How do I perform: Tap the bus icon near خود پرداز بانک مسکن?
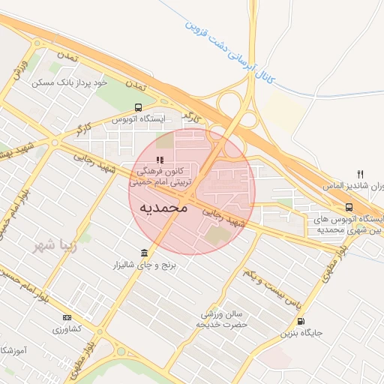click(x=137, y=107)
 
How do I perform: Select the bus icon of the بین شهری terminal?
click(x=349, y=207)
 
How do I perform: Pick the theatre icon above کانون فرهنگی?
click(x=159, y=160)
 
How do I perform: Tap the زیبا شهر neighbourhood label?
click(x=53, y=245)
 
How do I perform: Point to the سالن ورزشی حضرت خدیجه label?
click(x=222, y=319)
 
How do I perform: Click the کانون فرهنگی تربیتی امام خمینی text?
click(x=161, y=176)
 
